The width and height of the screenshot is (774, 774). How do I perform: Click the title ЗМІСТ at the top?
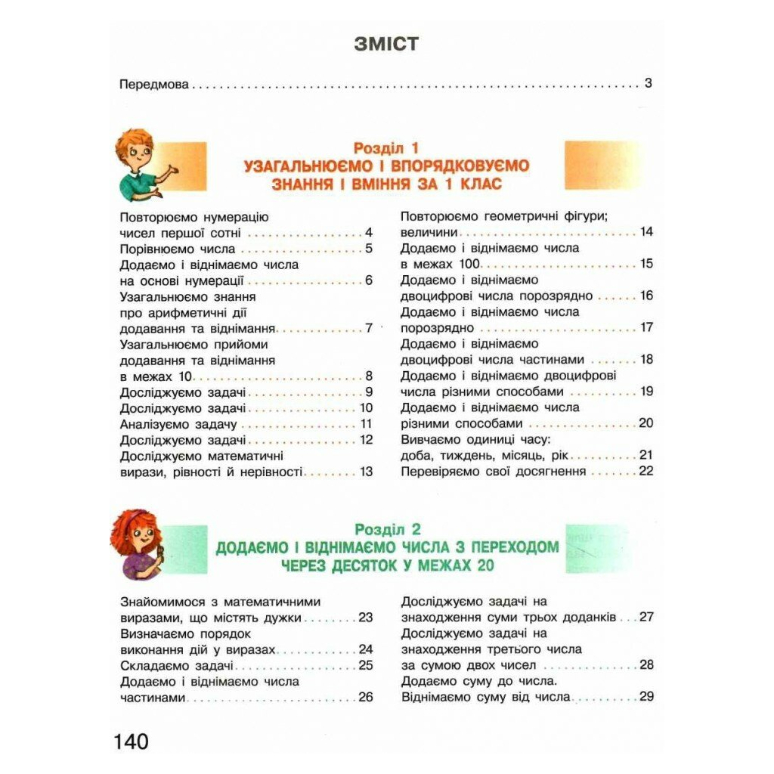(385, 44)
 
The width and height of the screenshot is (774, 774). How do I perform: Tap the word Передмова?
(154, 84)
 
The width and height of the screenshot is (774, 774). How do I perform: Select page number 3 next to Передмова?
(648, 83)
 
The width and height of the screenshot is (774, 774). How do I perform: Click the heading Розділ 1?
(386, 148)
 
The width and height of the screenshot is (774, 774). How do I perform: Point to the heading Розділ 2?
(387, 529)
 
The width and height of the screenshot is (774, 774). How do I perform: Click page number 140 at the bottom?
(132, 741)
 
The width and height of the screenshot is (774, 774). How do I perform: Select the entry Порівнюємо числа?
(178, 249)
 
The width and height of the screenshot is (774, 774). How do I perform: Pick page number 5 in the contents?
(369, 249)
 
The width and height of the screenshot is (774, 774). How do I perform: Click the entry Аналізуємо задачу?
(178, 424)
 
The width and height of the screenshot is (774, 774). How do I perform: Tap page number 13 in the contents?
(367, 472)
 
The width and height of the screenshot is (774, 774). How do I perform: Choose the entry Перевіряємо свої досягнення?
(494, 471)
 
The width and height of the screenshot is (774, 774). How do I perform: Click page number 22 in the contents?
(645, 471)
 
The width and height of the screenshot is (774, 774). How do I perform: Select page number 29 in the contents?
(646, 697)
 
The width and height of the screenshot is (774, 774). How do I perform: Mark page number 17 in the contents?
(646, 328)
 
